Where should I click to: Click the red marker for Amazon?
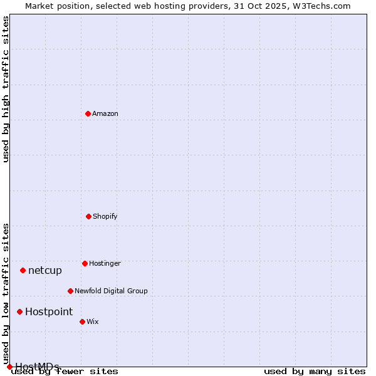point(88,113)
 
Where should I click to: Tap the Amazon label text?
point(105,114)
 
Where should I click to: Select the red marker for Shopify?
point(88,216)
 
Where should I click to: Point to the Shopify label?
point(105,217)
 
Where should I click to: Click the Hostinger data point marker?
point(85,263)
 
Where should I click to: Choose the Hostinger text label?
point(105,264)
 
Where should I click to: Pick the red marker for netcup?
point(23,270)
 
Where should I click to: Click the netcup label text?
point(45,271)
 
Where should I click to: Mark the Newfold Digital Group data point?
point(70,291)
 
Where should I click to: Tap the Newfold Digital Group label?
point(111,291)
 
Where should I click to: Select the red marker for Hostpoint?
point(19,311)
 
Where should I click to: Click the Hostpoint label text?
point(49,312)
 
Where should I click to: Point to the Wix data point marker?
point(82,321)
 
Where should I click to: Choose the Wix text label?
point(93,322)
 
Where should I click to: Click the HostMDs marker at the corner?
point(9,367)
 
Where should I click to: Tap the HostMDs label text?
point(38,367)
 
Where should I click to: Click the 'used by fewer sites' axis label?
point(65,372)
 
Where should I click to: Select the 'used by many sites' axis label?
point(315,372)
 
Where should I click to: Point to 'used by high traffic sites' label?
point(6,89)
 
